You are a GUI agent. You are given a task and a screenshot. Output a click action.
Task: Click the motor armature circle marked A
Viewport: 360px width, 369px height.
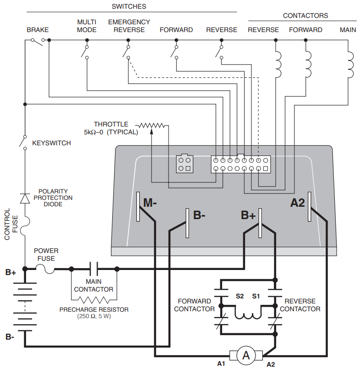(246, 355)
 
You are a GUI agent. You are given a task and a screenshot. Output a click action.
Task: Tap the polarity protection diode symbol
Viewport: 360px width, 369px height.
(25, 198)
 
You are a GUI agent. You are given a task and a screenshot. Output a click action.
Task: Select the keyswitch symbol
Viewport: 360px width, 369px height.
(23, 143)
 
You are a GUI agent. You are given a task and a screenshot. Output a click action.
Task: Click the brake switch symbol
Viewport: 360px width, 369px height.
(38, 41)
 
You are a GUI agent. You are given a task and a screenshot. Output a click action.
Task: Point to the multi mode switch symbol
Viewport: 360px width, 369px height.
(85, 52)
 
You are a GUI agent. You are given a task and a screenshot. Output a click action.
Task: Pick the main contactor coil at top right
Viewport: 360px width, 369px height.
(350, 65)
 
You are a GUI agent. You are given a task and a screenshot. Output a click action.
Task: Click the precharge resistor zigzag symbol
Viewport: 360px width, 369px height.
(94, 300)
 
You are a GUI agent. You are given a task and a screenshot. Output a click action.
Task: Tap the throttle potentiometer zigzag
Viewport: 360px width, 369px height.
(152, 126)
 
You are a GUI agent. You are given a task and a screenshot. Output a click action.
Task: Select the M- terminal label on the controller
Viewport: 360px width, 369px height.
(150, 203)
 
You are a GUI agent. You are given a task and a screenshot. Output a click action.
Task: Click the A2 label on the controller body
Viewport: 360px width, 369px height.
(297, 203)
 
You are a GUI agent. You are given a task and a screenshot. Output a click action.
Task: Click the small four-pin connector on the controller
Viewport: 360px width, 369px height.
(185, 164)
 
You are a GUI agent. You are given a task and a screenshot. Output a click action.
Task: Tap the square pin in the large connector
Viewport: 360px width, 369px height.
(266, 169)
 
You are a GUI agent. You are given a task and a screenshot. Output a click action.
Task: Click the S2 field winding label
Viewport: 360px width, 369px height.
(240, 296)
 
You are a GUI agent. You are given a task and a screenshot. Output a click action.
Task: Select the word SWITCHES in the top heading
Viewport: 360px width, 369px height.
(129, 6)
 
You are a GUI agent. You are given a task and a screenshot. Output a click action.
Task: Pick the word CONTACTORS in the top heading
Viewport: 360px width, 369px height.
(305, 16)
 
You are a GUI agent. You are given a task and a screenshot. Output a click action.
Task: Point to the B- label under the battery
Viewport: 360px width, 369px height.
(10, 337)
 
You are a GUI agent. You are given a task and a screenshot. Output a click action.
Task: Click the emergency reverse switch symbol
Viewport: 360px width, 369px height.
(126, 52)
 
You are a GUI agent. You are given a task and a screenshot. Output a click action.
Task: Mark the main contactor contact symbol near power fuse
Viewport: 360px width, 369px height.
(94, 269)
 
